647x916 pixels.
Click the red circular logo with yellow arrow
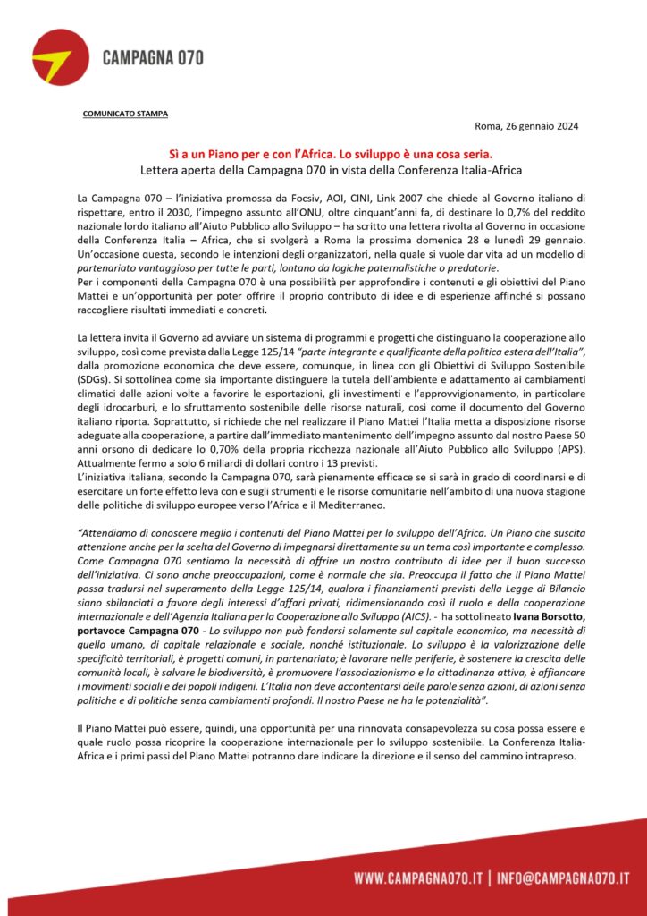coord(58,57)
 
